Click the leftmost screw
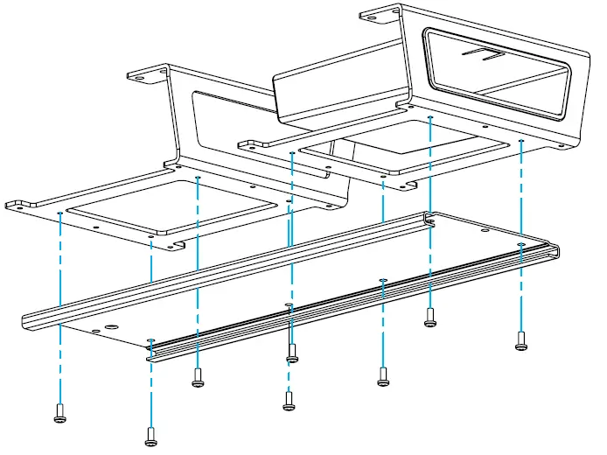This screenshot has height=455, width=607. pos(59,413)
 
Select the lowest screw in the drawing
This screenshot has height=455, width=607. pos(150,434)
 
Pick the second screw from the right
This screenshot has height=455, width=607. pos(429,317)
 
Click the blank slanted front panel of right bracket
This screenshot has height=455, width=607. pos(337,92)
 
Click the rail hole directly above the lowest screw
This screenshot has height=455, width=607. pos(150,339)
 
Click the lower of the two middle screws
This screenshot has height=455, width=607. pos(290,401)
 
